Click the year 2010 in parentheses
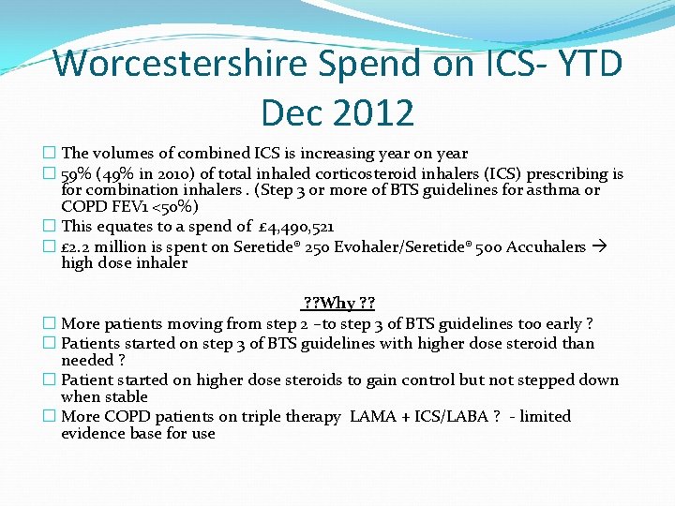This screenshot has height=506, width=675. pos(165,174)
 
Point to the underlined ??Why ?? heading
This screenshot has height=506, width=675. pos(337,305)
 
